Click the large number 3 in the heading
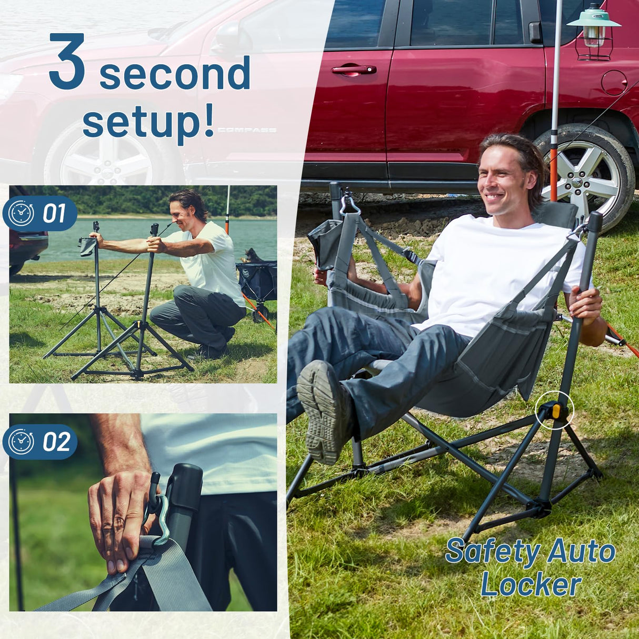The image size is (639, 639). click(67, 62)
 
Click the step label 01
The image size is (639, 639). click(54, 214)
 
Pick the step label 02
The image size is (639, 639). click(56, 442)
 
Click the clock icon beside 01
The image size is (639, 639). click(22, 214)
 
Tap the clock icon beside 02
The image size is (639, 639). click(22, 442)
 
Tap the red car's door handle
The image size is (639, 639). click(354, 69)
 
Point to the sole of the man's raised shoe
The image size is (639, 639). click(322, 411)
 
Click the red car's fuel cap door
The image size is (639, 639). click(614, 83)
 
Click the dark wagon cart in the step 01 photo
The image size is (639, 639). click(256, 282)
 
